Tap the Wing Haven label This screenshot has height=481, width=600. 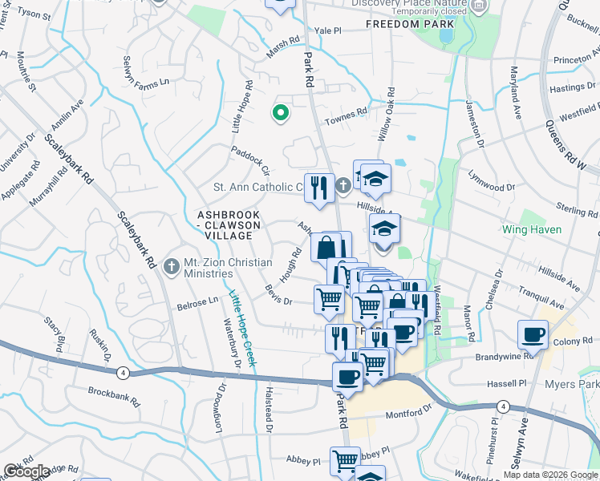click(532, 229)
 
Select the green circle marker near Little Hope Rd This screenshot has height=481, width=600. click(280, 113)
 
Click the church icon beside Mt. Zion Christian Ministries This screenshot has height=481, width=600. click(170, 267)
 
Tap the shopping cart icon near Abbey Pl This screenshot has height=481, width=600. click(345, 460)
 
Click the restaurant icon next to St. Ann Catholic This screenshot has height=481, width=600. click(319, 188)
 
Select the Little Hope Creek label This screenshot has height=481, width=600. click(241, 328)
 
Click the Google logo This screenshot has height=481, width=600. click(26, 471)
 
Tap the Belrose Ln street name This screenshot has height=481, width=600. click(197, 305)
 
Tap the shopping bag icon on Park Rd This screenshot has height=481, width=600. click(329, 247)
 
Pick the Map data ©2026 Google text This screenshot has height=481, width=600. click(550, 474)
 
